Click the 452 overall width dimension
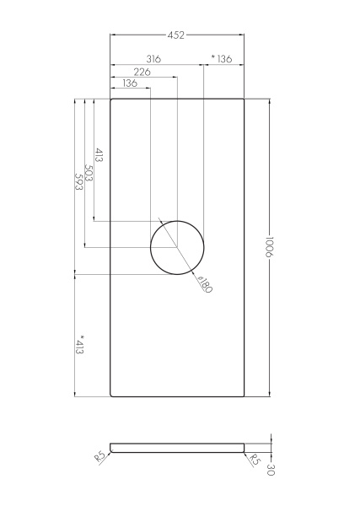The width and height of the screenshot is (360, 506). (x=176, y=35)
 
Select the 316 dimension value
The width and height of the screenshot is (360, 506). (x=153, y=59)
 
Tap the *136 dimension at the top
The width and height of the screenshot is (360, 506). (x=222, y=59)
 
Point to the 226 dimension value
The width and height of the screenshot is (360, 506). (x=142, y=72)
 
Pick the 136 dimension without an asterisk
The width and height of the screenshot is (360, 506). (x=130, y=83)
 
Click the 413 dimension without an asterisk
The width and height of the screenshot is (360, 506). (x=99, y=155)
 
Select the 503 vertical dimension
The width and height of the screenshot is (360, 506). (x=89, y=173)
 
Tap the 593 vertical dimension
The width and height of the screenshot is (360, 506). (x=79, y=182)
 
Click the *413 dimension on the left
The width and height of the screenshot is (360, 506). (x=79, y=344)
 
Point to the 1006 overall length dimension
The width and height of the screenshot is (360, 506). (x=269, y=247)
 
